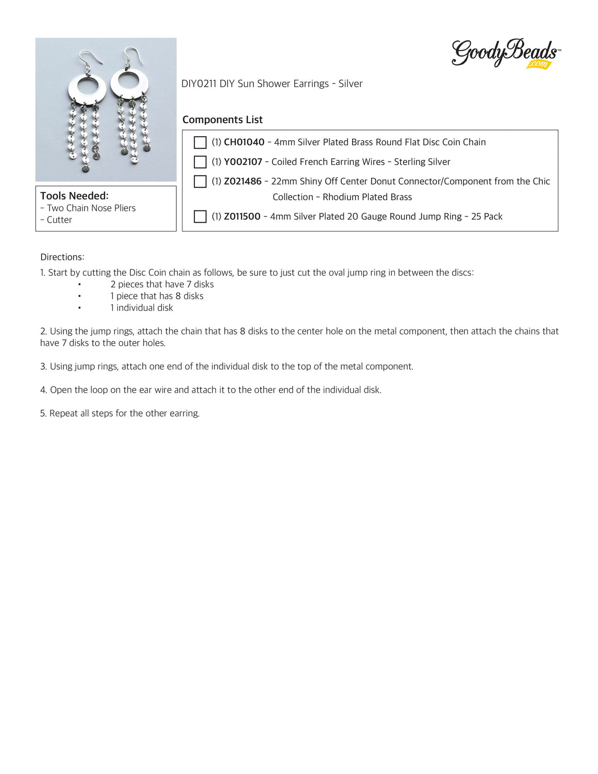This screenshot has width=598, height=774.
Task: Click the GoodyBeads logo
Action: click(505, 53)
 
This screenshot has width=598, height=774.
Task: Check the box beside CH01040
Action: click(200, 142)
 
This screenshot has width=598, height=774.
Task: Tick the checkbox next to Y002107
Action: click(200, 162)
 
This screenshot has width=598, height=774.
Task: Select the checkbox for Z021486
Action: click(200, 182)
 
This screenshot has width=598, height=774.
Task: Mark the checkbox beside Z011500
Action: click(200, 217)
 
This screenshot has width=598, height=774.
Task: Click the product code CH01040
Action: click(244, 142)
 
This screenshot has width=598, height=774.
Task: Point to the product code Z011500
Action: click(242, 217)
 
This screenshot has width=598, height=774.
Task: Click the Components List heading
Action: click(222, 120)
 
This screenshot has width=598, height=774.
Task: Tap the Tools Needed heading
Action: click(74, 196)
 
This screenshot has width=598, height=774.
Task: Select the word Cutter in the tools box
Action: click(59, 220)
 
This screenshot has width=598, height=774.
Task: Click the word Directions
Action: click(62, 257)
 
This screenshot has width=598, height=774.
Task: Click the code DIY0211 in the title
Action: click(198, 84)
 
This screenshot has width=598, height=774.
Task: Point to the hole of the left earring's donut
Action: click(88, 86)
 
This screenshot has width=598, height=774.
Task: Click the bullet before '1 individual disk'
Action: click(79, 308)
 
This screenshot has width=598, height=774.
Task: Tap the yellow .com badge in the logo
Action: click(539, 64)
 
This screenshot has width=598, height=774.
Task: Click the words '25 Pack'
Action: click(487, 217)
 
